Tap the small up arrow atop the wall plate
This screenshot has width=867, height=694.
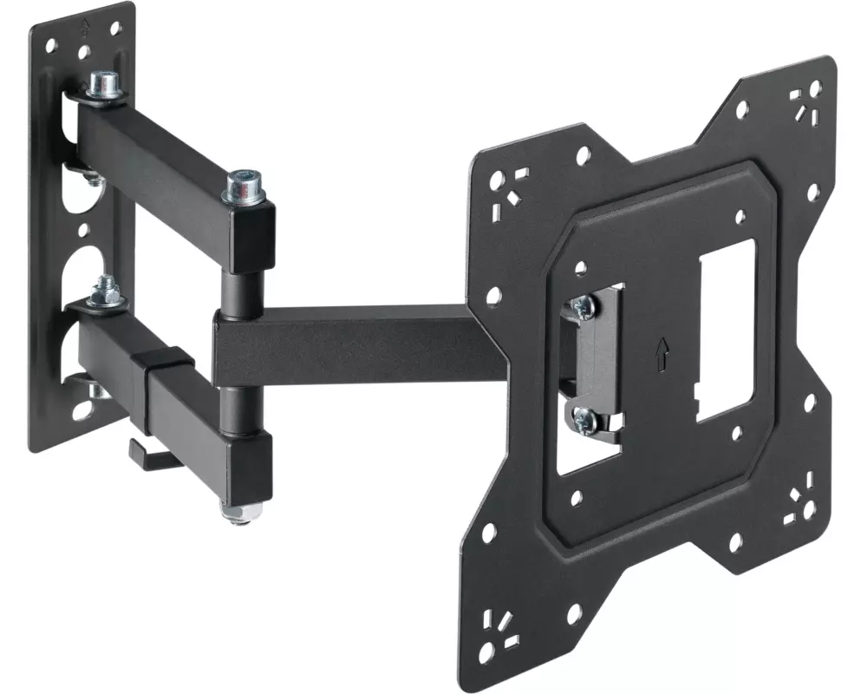(x=84, y=27)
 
